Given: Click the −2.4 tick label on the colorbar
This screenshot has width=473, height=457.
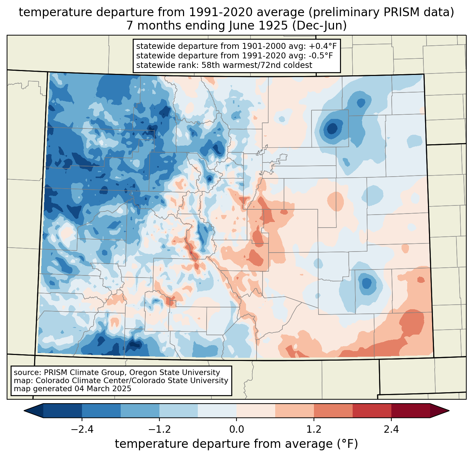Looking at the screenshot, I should [82, 430].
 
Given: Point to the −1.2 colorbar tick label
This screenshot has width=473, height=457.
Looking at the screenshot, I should [159, 430].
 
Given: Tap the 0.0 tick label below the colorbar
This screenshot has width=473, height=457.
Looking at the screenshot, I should [237, 430].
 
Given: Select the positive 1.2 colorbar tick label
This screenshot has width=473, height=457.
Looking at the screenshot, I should [314, 430].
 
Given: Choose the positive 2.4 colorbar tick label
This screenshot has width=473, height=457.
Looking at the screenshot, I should [391, 430].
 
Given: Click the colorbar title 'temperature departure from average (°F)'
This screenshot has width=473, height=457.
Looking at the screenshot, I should [236, 444].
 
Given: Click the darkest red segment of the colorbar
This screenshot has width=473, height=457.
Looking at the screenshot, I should [410, 411].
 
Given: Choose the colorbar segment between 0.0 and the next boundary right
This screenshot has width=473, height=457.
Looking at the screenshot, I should [256, 411].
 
